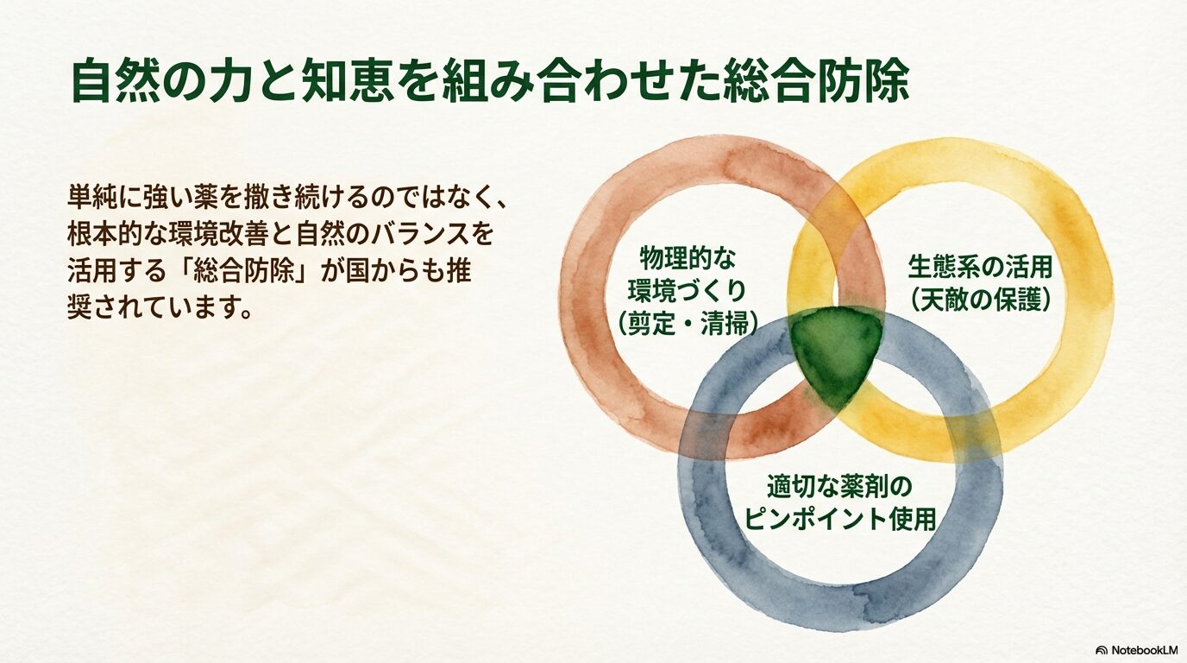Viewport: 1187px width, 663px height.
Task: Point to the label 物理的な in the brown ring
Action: [688, 257]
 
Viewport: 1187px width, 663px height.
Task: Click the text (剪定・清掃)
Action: [688, 323]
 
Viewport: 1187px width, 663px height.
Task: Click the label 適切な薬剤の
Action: [839, 487]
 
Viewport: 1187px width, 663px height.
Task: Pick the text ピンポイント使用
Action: [839, 520]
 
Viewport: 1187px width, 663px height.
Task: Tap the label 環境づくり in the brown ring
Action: [688, 290]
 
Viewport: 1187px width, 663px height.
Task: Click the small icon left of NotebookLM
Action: [1101, 649]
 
